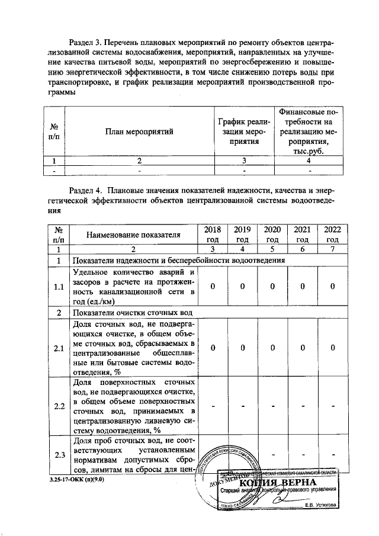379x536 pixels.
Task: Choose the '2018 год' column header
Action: pos(212,235)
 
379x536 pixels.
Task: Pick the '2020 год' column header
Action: pos(272,235)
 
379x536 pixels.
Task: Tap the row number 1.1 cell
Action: pos(59,287)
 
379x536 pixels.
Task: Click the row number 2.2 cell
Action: pos(59,406)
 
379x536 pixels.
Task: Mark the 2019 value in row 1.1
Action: pos(242,287)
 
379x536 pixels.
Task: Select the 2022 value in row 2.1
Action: pos(333,348)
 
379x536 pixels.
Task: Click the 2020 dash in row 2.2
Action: pos(272,406)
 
